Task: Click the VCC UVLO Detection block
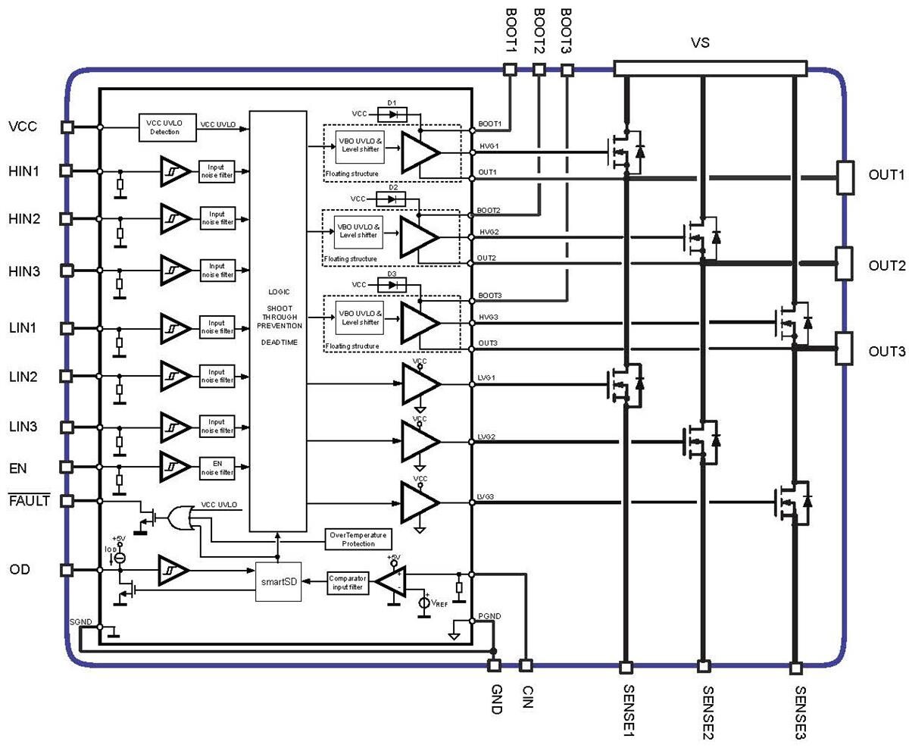point(166,127)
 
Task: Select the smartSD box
point(278,582)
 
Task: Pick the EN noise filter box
point(217,467)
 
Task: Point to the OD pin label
point(19,569)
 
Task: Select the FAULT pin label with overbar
point(28,500)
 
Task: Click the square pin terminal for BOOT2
point(539,70)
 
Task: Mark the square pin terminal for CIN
point(525,665)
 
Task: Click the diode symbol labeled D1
point(392,114)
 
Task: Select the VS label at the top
point(699,44)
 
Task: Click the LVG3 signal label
point(487,497)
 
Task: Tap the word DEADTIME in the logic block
point(278,343)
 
